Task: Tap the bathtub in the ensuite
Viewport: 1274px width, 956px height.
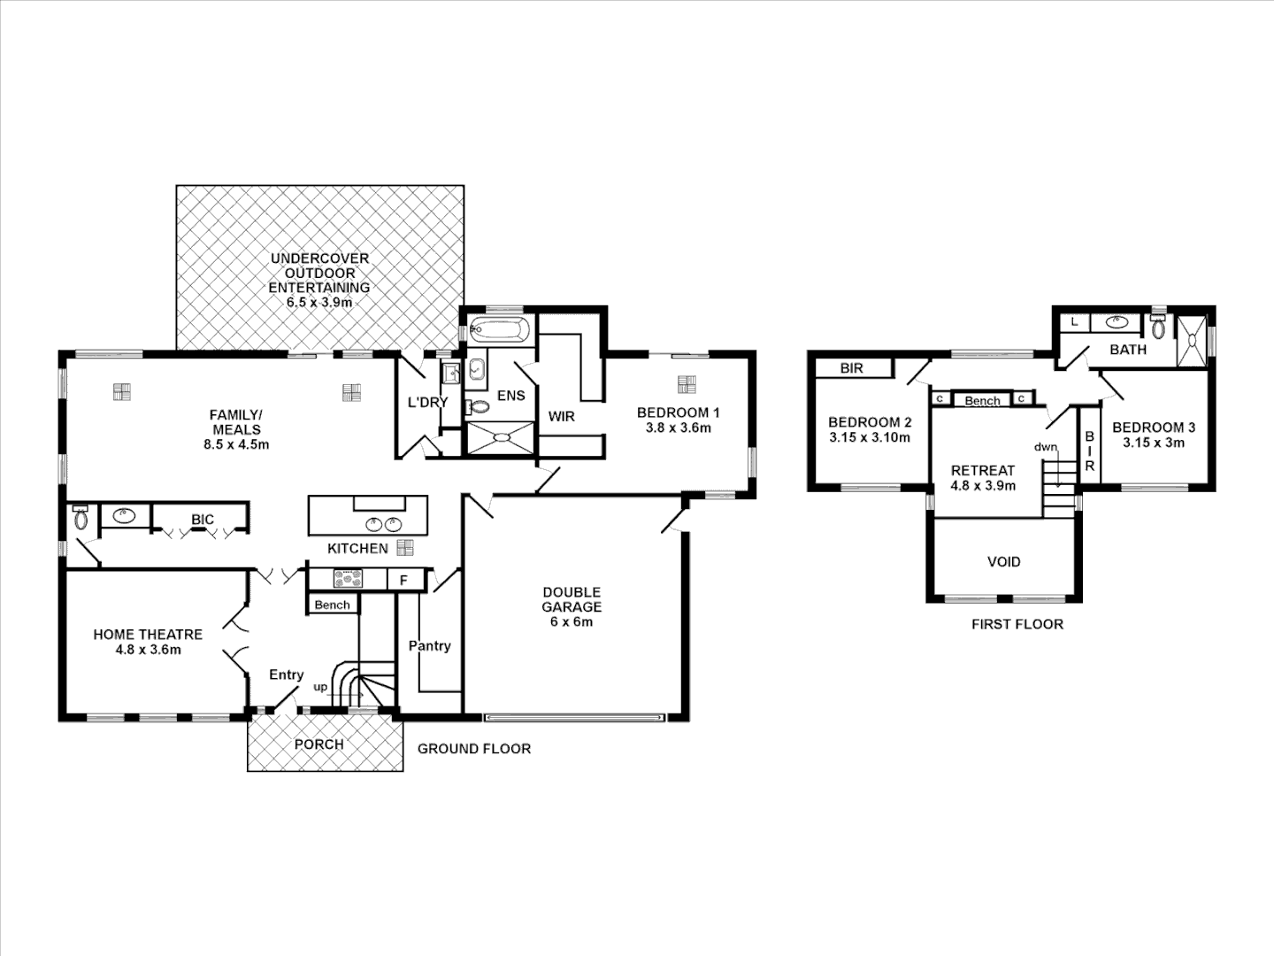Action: [x=499, y=331]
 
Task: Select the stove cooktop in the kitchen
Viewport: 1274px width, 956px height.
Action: [x=348, y=579]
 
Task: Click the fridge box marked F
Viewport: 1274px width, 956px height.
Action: [x=404, y=580]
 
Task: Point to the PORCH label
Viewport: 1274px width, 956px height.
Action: [x=319, y=744]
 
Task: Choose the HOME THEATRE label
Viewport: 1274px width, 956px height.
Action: [x=148, y=635]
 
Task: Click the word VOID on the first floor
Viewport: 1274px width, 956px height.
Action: [x=1004, y=562]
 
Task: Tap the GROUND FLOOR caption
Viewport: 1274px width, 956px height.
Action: [x=474, y=749]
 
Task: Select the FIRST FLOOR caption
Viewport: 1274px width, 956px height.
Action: [x=1017, y=624]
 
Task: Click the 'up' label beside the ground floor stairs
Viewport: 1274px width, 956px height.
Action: [x=320, y=687]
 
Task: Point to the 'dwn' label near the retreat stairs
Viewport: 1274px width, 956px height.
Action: [x=1046, y=447]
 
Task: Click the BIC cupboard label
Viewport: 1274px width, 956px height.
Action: [x=203, y=520]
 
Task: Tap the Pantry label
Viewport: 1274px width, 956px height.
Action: [x=429, y=646]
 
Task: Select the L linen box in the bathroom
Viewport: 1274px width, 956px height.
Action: [x=1075, y=322]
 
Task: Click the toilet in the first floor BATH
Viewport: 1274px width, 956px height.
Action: [x=1158, y=328]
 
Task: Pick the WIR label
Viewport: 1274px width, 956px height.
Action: [x=561, y=416]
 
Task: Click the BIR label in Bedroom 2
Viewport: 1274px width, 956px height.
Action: [x=851, y=368]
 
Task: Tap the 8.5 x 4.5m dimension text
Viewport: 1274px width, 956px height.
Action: [x=236, y=445]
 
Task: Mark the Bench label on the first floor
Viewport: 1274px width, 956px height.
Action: [x=982, y=400]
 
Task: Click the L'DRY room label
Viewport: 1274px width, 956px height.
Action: [x=427, y=402]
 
